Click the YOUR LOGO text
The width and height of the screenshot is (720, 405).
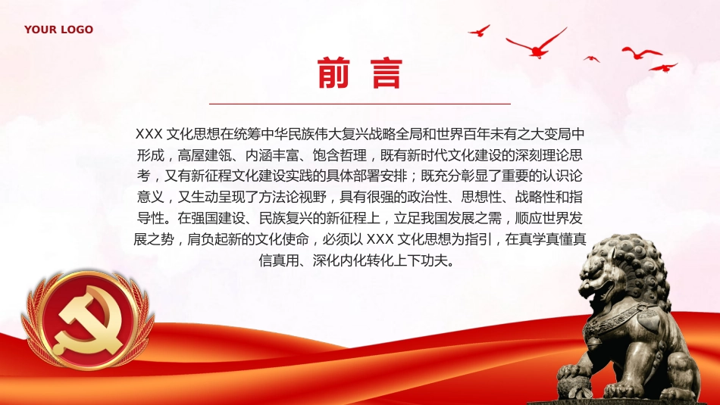click(58, 30)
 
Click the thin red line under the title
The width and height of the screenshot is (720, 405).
click(359, 103)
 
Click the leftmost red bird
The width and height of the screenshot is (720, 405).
click(479, 31)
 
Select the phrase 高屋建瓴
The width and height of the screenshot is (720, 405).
click(208, 156)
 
